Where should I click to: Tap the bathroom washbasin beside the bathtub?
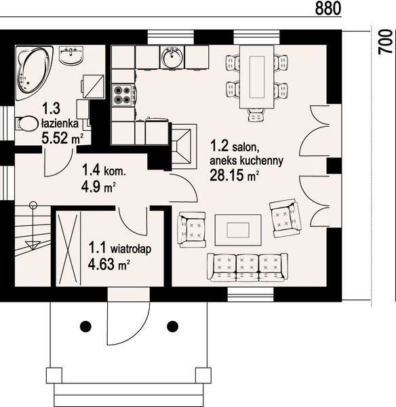71,55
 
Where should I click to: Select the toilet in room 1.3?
26,123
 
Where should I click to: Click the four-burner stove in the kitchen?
123,95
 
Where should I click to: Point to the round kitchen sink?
172,57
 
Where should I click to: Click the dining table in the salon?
257,77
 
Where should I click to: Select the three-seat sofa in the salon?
248,267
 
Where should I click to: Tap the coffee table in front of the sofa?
238,230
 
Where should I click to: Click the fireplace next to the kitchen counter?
184,147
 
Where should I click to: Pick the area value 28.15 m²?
234,175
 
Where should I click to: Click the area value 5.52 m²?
62,138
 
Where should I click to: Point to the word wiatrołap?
131,249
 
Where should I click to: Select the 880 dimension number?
328,8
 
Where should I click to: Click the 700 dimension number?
385,42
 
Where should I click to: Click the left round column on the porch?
85,326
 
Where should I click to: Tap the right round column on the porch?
172,326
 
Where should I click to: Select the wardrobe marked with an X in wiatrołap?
68,248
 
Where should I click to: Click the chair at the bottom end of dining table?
257,115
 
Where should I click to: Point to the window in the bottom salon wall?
250,294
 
